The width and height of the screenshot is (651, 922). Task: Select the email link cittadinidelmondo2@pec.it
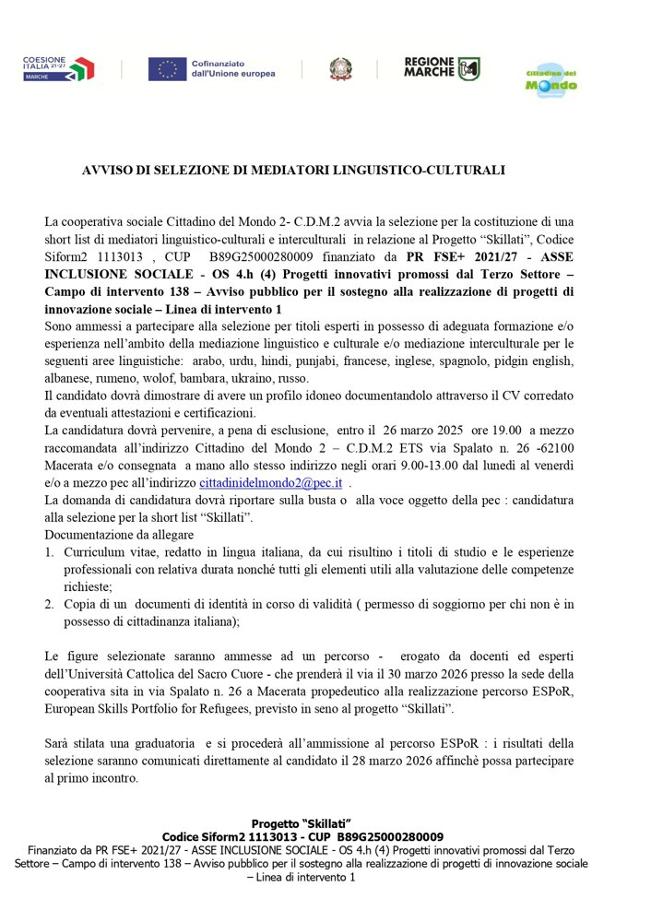pyautogui.click(x=261, y=482)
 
